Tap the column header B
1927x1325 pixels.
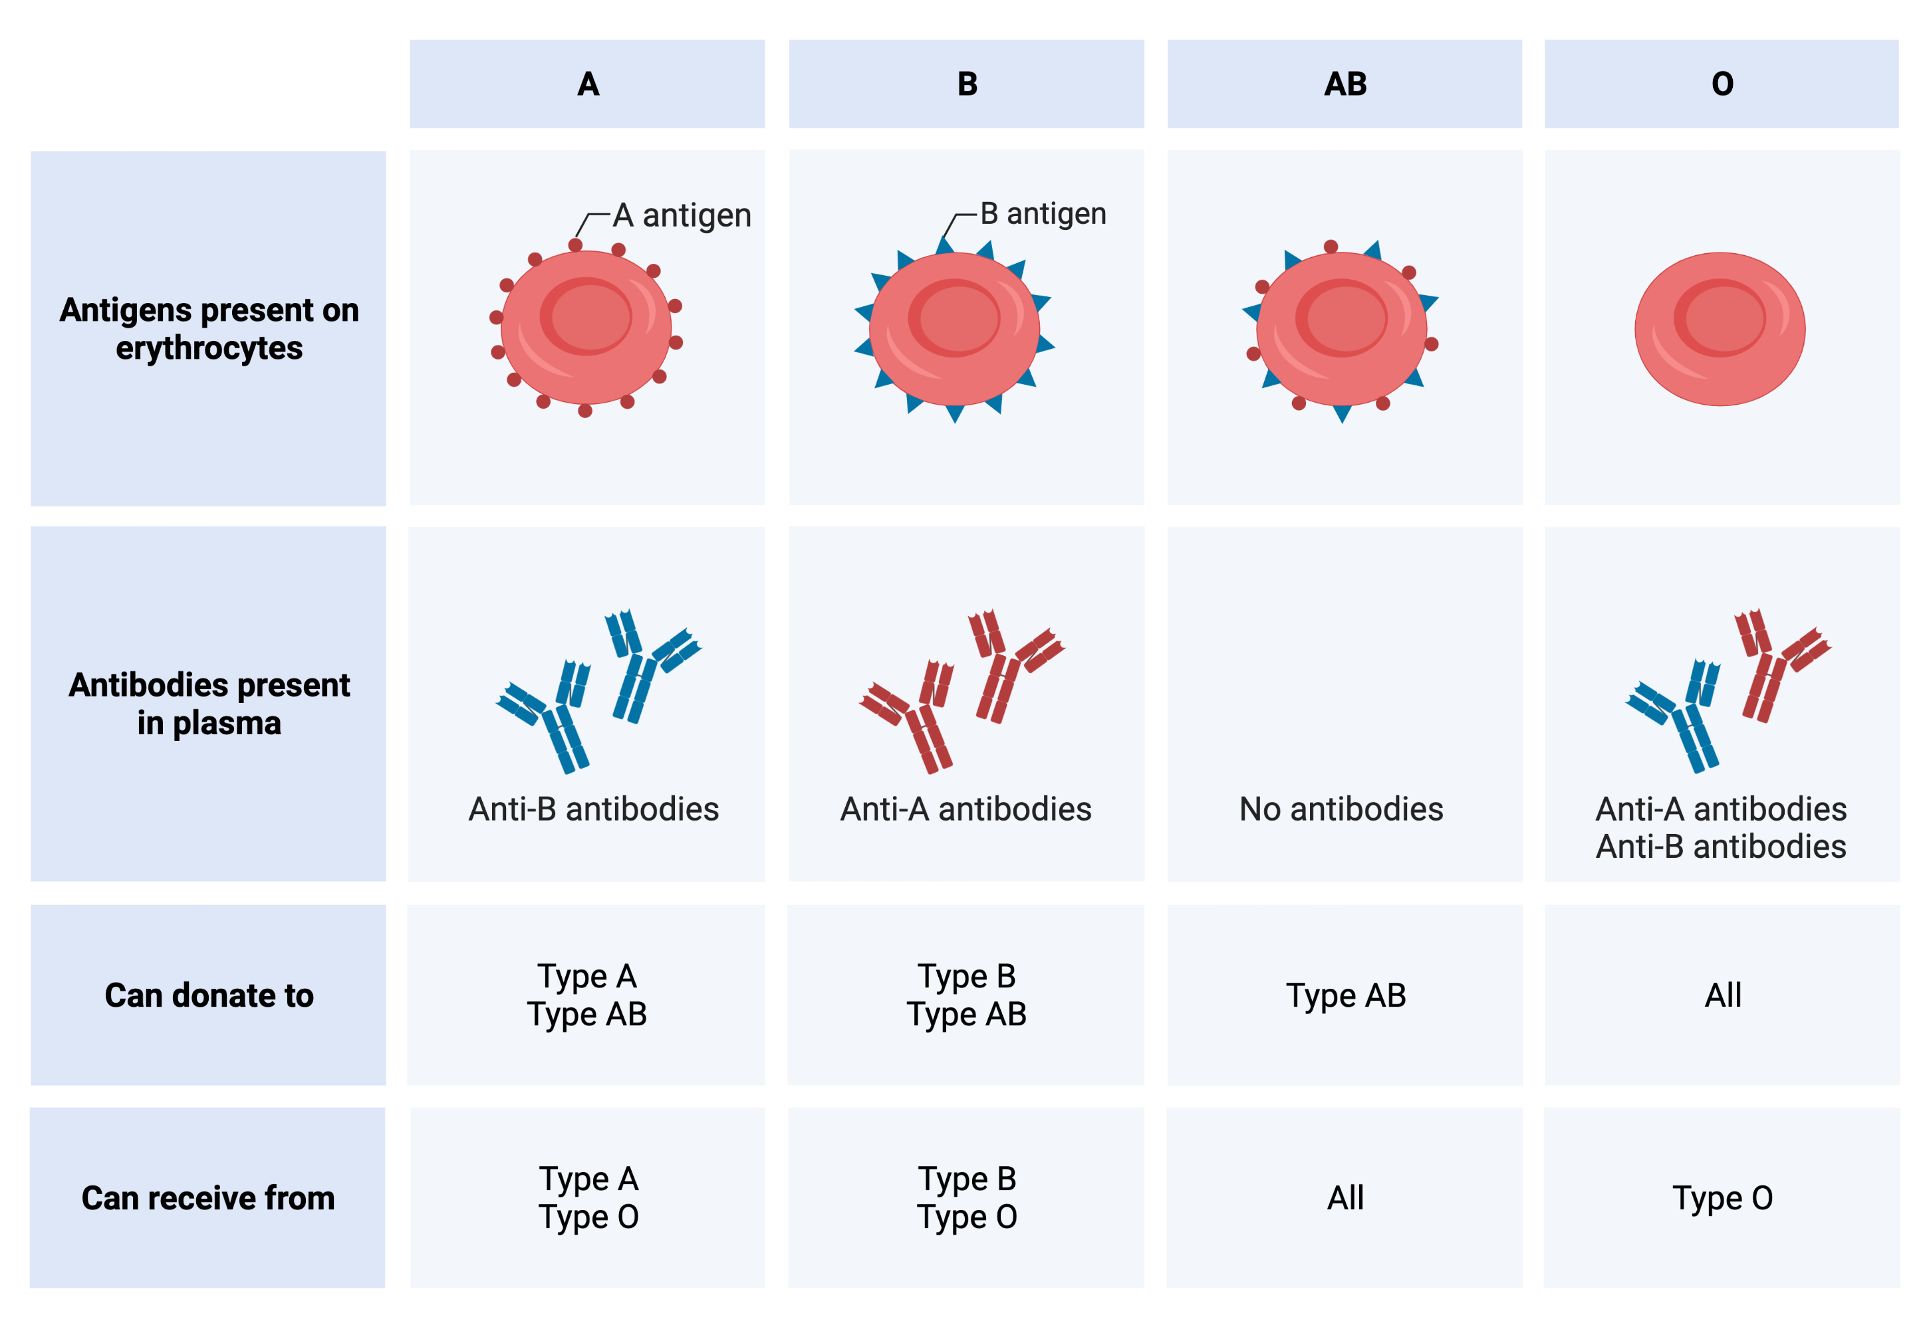click(967, 84)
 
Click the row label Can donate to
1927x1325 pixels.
click(209, 995)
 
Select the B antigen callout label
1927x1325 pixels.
click(1043, 214)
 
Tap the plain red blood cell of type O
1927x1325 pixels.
click(1720, 329)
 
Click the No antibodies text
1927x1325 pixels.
click(1341, 809)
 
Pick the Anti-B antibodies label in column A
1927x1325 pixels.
click(594, 809)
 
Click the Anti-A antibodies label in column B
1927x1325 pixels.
click(966, 809)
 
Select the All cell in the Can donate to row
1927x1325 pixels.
click(1723, 995)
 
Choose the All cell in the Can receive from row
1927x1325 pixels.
click(1346, 1197)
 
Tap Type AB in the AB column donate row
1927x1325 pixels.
click(1346, 995)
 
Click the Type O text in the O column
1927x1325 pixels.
click(1723, 1198)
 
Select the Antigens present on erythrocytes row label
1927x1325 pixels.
click(209, 329)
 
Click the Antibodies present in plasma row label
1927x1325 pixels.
click(209, 704)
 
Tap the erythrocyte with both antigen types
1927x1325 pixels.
click(1341, 329)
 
